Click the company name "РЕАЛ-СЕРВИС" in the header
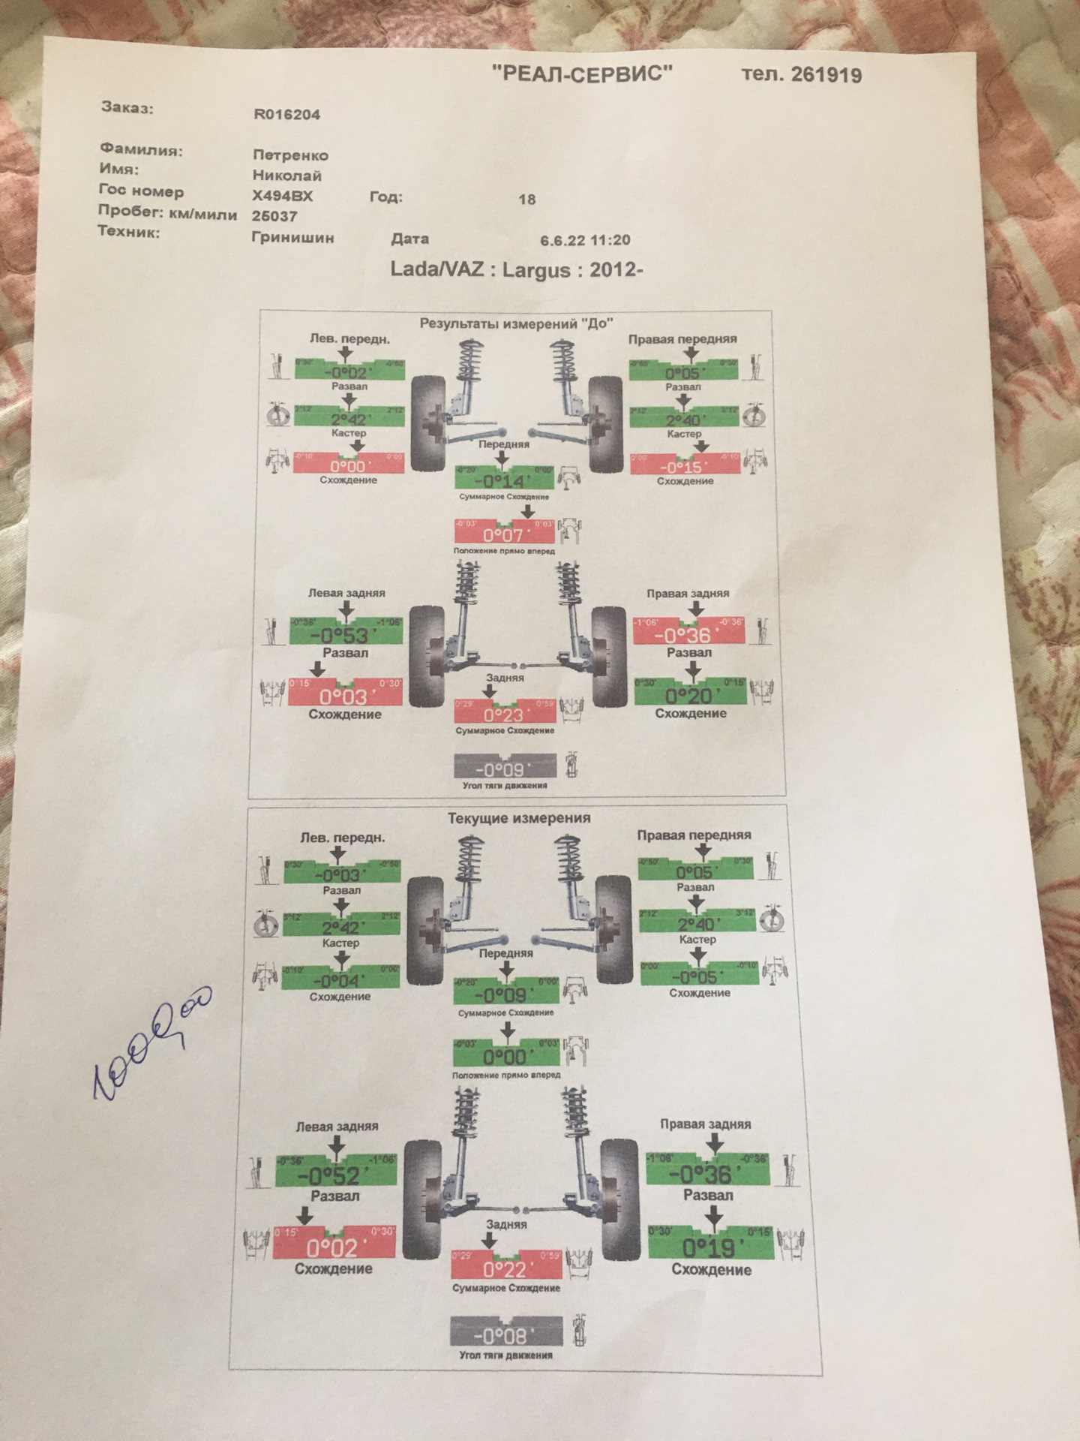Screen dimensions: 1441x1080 (582, 73)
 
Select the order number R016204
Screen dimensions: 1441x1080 (286, 115)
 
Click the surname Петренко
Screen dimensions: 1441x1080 (290, 155)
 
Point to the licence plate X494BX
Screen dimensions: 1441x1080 (282, 196)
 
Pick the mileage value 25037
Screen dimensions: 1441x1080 (274, 216)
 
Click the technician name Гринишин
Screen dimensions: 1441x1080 (293, 237)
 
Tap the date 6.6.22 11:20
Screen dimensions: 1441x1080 (584, 240)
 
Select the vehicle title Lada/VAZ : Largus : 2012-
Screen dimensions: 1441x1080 (516, 269)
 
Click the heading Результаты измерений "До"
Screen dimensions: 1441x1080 (516, 323)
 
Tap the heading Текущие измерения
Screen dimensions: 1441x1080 (518, 817)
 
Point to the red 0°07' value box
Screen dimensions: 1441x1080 (504, 532)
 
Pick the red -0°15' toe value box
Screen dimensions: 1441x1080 (685, 465)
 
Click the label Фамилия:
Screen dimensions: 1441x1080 (141, 150)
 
